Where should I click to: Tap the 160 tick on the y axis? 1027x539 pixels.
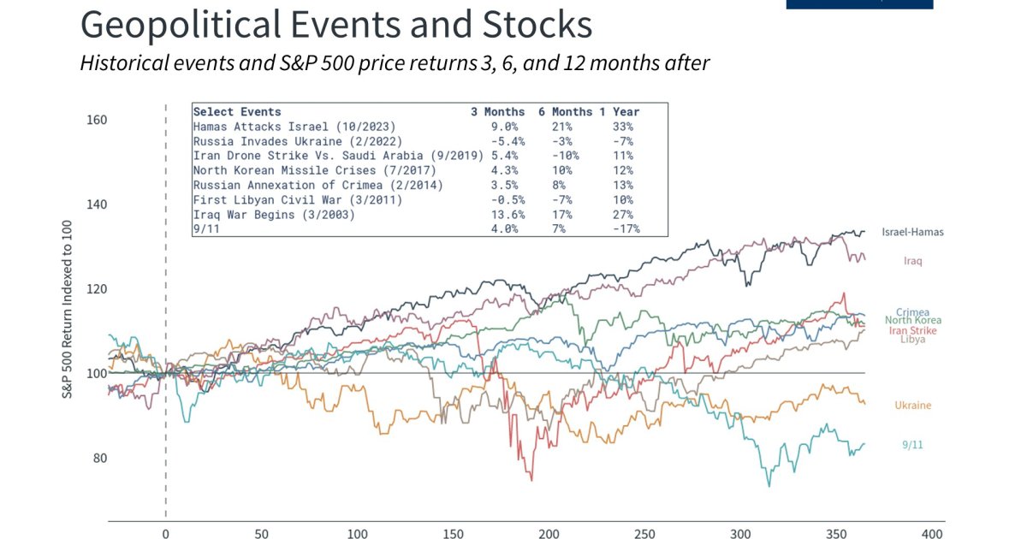click(x=97, y=120)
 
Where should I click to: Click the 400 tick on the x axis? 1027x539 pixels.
click(x=930, y=532)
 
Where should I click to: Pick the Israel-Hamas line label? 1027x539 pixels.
click(x=912, y=232)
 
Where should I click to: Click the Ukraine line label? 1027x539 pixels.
click(x=912, y=406)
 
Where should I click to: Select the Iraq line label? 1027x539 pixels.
click(x=912, y=261)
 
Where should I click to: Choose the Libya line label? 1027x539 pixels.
click(x=912, y=339)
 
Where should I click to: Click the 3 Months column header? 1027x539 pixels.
click(x=497, y=112)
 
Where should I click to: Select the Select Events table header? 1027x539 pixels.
click(x=237, y=112)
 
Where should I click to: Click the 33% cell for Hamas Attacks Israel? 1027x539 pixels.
click(x=623, y=127)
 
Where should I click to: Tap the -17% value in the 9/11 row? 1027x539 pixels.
click(x=626, y=229)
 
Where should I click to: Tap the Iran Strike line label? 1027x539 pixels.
click(x=912, y=330)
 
